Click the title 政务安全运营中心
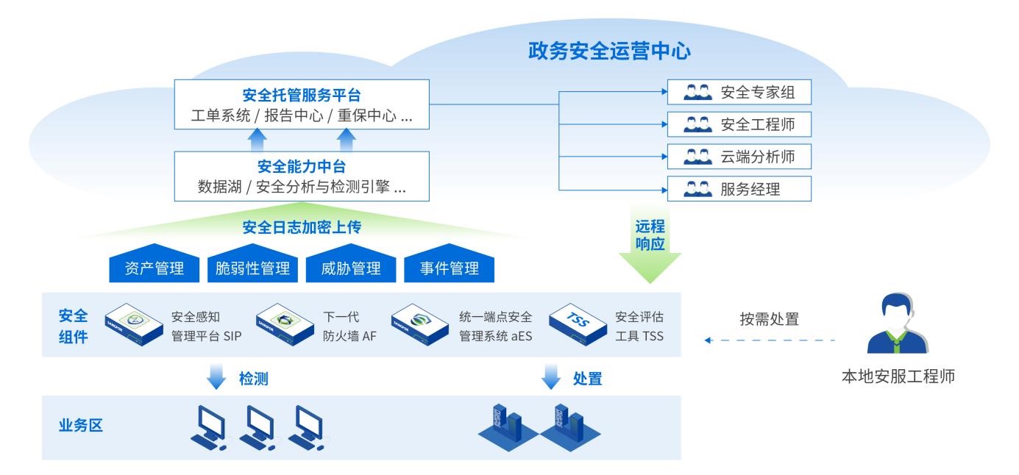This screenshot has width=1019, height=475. pyautogui.click(x=609, y=51)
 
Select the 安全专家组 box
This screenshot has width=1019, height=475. pyautogui.click(x=739, y=92)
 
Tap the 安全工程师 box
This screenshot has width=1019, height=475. pyautogui.click(x=739, y=124)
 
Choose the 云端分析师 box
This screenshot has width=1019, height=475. pyautogui.click(x=739, y=157)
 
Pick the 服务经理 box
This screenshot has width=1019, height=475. pyautogui.click(x=739, y=189)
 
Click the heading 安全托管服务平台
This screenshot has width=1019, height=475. pyautogui.click(x=302, y=95)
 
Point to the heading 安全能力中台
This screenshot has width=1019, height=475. pyautogui.click(x=302, y=166)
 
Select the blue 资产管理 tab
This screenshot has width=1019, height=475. pyautogui.click(x=155, y=264)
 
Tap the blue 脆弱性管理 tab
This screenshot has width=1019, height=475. pyautogui.click(x=252, y=264)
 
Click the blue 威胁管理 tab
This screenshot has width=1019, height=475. pyautogui.click(x=351, y=264)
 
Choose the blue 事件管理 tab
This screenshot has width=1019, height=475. pyautogui.click(x=449, y=264)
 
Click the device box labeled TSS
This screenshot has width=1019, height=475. pyautogui.click(x=578, y=324)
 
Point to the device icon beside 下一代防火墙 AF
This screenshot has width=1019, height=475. pyautogui.click(x=285, y=324)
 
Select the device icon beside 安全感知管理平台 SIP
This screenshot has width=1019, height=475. pyautogui.click(x=134, y=324)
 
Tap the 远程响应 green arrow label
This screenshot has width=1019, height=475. pyautogui.click(x=650, y=235)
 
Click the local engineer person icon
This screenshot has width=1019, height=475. pyautogui.click(x=897, y=324)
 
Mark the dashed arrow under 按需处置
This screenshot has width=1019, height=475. pyautogui.click(x=770, y=340)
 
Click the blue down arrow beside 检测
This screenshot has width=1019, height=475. pyautogui.click(x=216, y=376)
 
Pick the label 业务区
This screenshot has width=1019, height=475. pyautogui.click(x=80, y=426)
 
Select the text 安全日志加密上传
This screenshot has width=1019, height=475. pyautogui.click(x=302, y=227)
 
